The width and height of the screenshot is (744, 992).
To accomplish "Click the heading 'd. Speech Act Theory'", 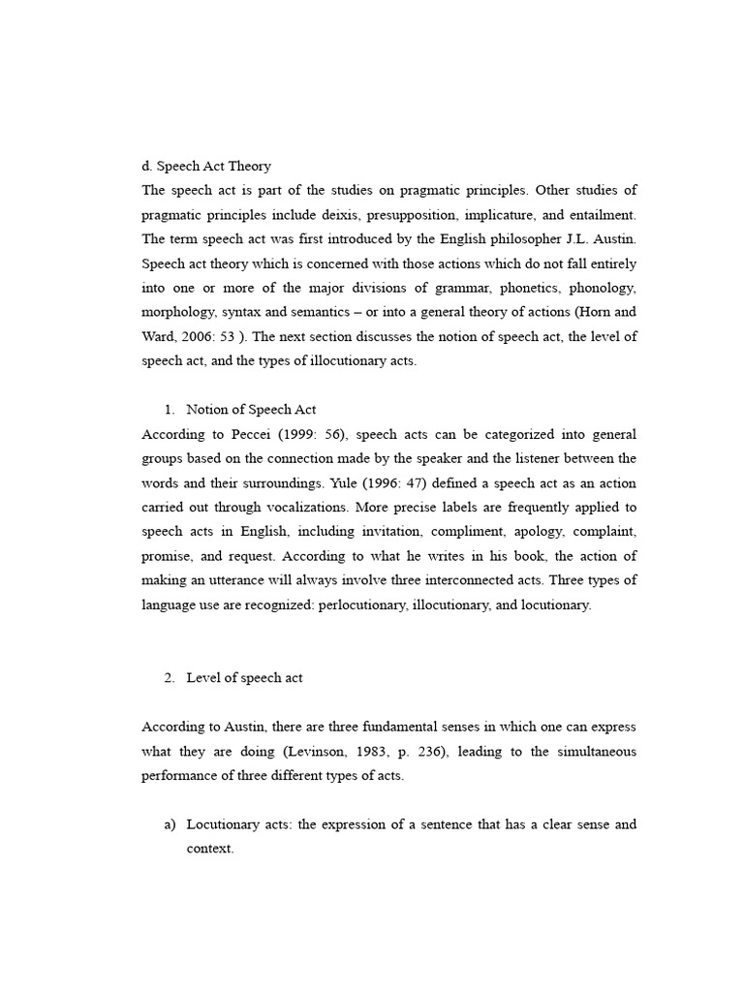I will coord(206,166).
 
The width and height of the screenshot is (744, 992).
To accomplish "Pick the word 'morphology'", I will coord(177,312).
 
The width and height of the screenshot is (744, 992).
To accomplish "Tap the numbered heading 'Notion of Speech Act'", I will coord(251,409).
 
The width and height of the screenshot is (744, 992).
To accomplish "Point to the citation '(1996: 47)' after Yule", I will coord(406,482).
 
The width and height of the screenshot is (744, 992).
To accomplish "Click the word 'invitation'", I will coord(386,531).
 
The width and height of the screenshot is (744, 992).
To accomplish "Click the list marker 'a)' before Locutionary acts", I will coord(171,824).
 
